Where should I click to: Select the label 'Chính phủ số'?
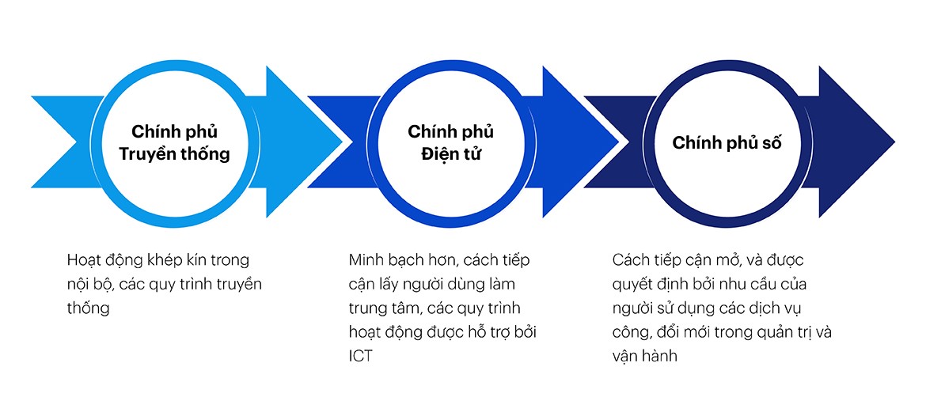727,143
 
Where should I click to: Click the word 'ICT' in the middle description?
360,357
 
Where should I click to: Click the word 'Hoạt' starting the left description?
85,260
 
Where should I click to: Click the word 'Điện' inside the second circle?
438,154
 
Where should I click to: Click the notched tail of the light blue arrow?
76,142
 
